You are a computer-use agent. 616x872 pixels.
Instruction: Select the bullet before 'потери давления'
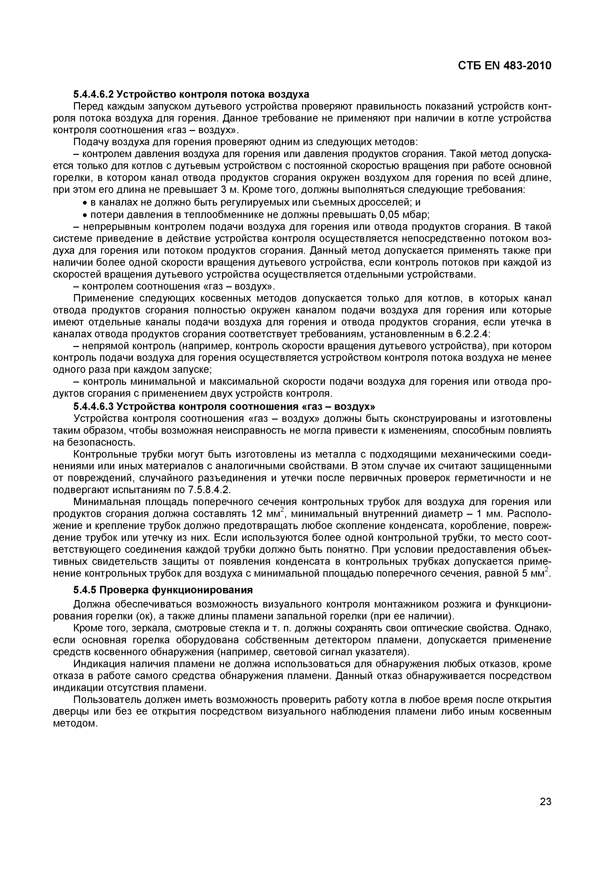pyautogui.click(x=85, y=215)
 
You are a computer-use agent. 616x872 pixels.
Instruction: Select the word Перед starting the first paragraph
pyautogui.click(x=85, y=106)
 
